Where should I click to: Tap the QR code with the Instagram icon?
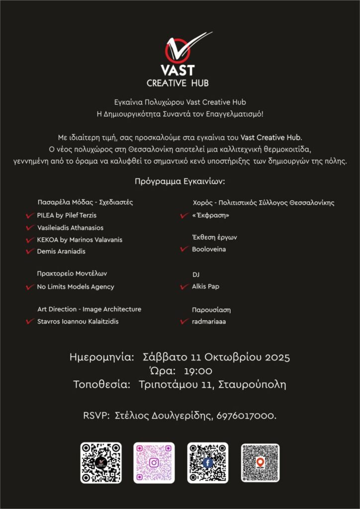[154, 463]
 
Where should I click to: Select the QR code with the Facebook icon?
[207, 463]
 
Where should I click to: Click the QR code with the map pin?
[260, 463]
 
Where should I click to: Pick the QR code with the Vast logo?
[101, 463]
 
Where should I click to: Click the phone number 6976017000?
[246, 416]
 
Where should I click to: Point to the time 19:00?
[198, 371]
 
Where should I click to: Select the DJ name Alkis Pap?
[205, 287]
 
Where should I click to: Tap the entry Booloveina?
[209, 249]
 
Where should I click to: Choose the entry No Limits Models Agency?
[76, 287]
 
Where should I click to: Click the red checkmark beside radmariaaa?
[183, 322]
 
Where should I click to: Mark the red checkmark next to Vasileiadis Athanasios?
[29, 228]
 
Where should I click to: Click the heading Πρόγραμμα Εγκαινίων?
[180, 182]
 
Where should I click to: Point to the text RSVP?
[95, 416]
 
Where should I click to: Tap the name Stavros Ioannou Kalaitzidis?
[78, 322]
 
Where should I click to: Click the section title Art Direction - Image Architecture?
[89, 309]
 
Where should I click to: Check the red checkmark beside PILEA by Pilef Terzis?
[29, 216]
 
